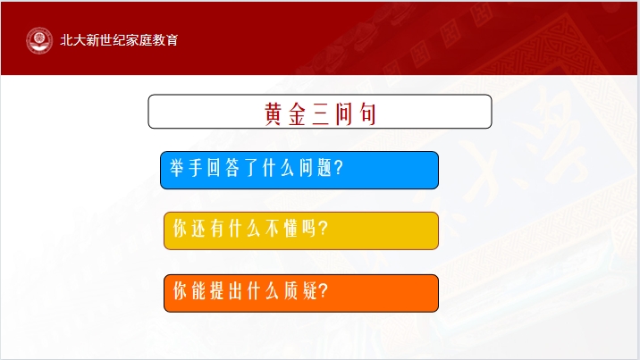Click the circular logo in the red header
[x=39, y=40]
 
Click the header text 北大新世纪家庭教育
[x=119, y=40]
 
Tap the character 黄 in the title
[x=273, y=113]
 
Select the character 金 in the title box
[x=297, y=113]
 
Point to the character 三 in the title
[x=320, y=113]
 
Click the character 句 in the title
[x=367, y=113]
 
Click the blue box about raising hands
[x=299, y=170]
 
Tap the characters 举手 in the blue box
[x=186, y=168]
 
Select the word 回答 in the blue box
[x=223, y=168]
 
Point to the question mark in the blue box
[x=339, y=168]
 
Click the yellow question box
[x=301, y=230]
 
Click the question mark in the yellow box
[x=324, y=228]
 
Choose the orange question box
[x=301, y=294]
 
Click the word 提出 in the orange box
[x=226, y=291]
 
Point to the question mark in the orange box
[x=324, y=291]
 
